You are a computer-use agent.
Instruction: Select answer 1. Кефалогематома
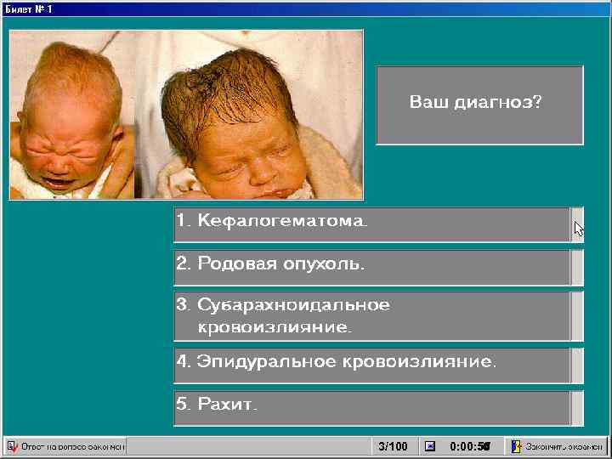tap(371, 224)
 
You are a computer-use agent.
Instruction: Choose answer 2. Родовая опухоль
tap(371, 267)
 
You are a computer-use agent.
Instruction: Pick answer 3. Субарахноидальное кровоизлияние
tap(371, 315)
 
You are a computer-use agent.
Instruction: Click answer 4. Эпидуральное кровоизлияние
tap(371, 365)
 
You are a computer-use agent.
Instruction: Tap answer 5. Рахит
tap(371, 407)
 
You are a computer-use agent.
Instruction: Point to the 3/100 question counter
tap(393, 446)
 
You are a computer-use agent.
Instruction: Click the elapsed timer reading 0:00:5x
tap(470, 446)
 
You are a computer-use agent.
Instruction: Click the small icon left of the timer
tap(430, 446)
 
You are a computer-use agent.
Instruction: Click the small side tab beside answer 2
tap(577, 267)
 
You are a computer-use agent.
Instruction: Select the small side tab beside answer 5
tap(577, 407)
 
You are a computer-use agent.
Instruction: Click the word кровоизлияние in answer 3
tap(274, 326)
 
